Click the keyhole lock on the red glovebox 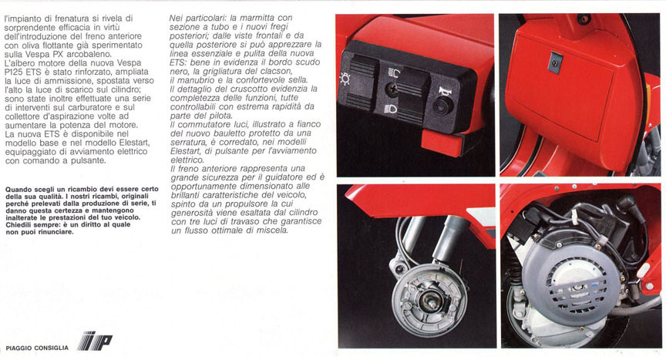pos(554,60)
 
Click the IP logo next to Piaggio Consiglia pos(94,341)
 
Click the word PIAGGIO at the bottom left pos(22,346)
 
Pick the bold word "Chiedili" pos(20,224)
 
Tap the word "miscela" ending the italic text pos(267,230)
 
